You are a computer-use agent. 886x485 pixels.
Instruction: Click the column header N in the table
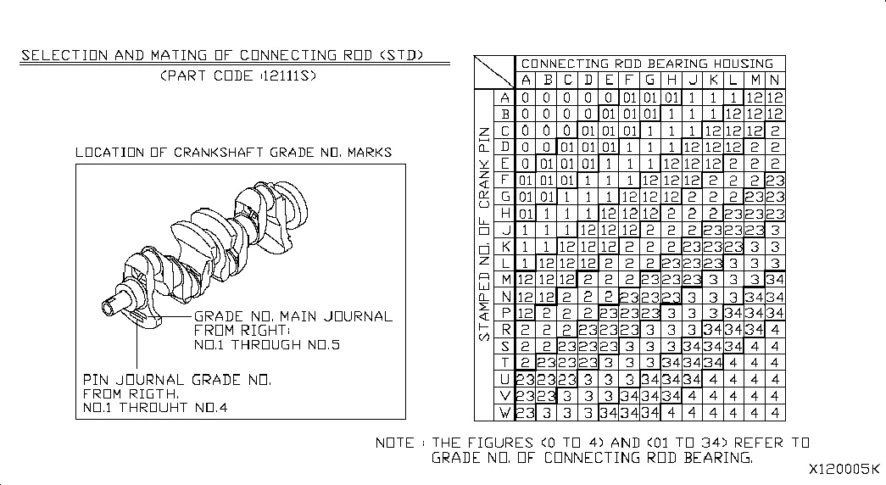(775, 80)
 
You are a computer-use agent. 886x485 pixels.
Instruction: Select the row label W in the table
(504, 413)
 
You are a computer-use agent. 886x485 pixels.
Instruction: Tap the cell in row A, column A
(526, 98)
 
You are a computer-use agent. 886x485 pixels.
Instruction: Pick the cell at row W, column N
(775, 413)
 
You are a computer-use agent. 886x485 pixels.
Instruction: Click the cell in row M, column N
(775, 279)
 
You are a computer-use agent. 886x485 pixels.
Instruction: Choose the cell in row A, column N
(775, 98)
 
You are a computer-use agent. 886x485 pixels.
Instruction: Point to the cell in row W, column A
(526, 413)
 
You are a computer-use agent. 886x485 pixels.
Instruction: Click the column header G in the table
(649, 80)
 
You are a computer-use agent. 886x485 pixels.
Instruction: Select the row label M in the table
(504, 279)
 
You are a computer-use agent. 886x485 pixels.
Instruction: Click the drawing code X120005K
(844, 469)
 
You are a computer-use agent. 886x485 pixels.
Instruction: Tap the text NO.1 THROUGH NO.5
(267, 345)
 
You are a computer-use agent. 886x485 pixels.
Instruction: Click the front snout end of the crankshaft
(108, 308)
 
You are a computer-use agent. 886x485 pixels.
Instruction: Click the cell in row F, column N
(775, 181)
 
